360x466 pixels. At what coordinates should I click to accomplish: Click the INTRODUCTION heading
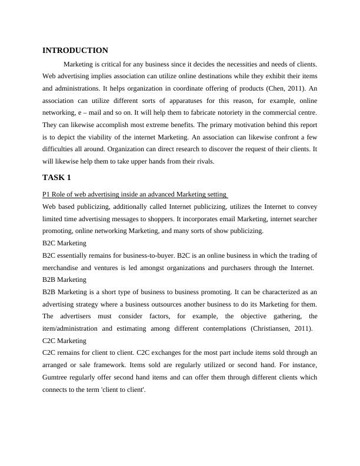(x=75, y=51)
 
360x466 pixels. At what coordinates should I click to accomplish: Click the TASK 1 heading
(x=56, y=177)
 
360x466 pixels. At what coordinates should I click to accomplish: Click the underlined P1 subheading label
(x=135, y=195)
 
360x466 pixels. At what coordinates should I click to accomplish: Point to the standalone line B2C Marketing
(x=64, y=243)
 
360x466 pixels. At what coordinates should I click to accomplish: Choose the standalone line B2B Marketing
(x=64, y=279)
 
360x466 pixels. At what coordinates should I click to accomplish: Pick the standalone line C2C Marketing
(x=64, y=341)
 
